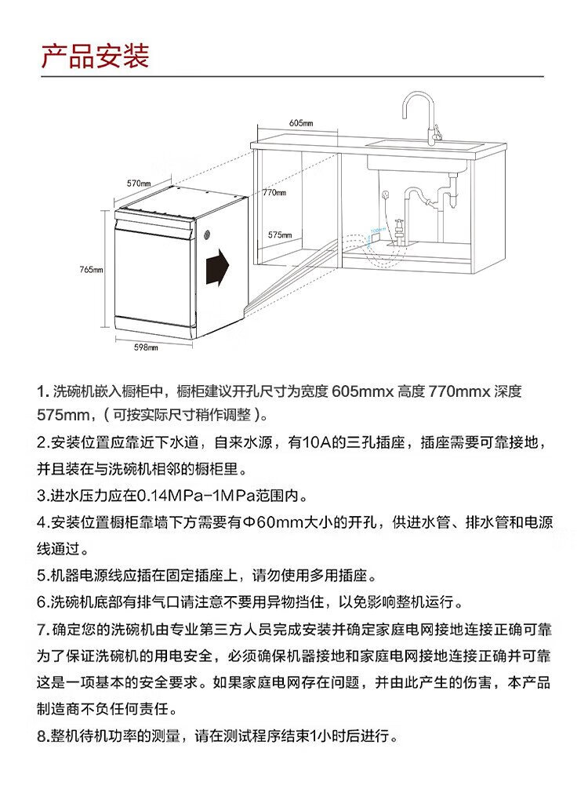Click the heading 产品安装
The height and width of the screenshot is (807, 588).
95,56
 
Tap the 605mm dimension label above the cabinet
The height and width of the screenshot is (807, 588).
300,124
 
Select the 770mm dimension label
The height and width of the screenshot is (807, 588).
274,192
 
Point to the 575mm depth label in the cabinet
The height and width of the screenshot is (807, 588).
280,234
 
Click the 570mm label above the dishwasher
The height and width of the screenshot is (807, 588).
139,183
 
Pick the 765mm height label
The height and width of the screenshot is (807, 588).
91,269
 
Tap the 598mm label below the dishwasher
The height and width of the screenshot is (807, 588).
147,347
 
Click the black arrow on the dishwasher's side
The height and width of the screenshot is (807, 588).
218,267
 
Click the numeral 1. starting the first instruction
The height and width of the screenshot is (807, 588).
43,391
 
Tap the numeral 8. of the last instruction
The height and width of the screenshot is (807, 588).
42,736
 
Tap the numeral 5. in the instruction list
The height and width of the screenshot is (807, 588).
42,576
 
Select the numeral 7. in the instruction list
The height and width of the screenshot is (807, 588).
42,630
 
